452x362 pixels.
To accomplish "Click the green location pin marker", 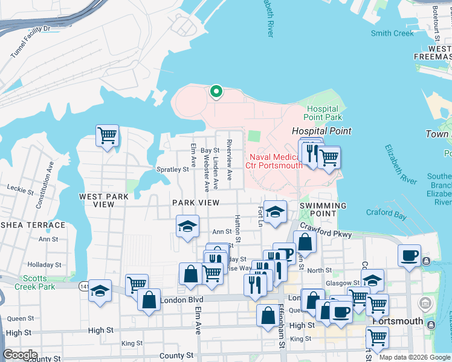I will pos(216,92).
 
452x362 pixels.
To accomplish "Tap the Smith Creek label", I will pos(392,34).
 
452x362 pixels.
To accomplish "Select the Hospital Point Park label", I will pos(323,113).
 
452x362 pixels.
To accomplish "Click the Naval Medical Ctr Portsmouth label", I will pos(274,161).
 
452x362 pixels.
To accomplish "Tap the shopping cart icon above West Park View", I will pos(107,136).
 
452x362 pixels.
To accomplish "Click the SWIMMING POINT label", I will pos(323,210).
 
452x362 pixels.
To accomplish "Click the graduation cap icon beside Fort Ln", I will pos(275,212).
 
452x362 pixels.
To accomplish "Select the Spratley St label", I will pos(173,170).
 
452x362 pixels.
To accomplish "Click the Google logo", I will pos(20,355).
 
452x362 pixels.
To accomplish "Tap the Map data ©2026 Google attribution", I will pos(414,357).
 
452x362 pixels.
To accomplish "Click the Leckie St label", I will pos(19,191).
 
